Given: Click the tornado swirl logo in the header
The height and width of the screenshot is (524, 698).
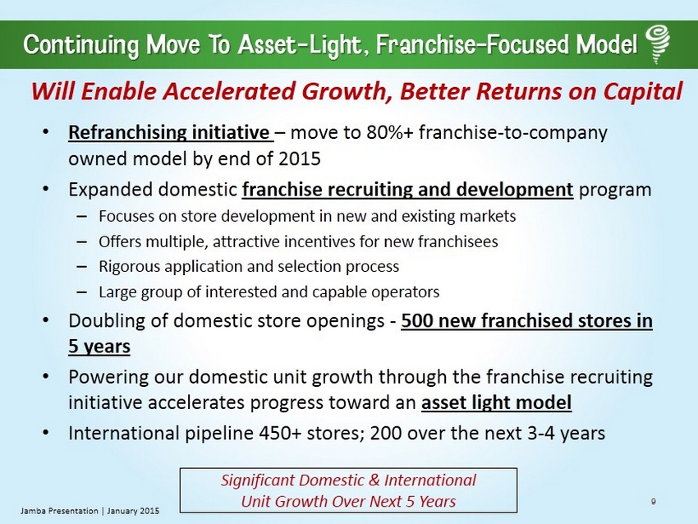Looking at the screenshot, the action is click(x=657, y=44).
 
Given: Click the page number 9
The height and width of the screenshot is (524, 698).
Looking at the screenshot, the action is click(x=653, y=502).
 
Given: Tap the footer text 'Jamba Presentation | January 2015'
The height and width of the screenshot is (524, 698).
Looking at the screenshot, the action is click(x=90, y=511).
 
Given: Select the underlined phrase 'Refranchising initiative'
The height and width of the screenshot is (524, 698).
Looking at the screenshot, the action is click(x=169, y=133).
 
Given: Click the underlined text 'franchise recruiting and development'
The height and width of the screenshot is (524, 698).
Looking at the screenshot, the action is click(x=407, y=190).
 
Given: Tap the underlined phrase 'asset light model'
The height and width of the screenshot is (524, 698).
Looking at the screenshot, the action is click(x=496, y=402).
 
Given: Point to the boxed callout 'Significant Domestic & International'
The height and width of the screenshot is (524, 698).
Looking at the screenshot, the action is click(x=348, y=480).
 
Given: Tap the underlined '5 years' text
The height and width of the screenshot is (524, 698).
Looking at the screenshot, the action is click(x=99, y=347).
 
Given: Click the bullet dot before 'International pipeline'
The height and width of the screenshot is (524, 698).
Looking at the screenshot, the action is click(x=45, y=433).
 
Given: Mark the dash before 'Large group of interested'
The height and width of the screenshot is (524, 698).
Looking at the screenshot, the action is click(x=81, y=292).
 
